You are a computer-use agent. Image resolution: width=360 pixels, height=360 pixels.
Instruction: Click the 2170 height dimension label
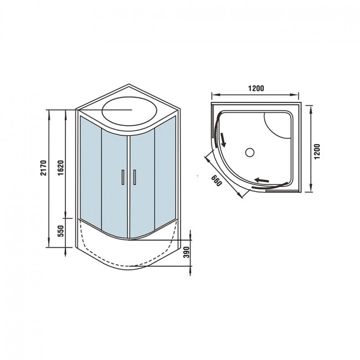point(43,168)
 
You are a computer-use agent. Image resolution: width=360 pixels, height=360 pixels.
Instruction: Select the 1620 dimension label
point(60,168)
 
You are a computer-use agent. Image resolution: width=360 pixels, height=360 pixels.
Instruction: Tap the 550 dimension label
point(60,231)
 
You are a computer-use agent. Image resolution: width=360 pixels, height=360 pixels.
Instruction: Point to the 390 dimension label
point(187,252)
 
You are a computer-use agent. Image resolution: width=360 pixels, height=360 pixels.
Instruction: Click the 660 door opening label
point(217,181)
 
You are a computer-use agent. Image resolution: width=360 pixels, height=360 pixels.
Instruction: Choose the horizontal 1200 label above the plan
point(256,89)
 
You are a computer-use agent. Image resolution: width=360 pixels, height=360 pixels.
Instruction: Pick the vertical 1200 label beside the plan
point(317,152)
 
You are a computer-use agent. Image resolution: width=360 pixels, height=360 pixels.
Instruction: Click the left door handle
point(123,177)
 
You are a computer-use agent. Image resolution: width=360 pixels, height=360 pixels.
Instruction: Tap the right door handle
point(135,177)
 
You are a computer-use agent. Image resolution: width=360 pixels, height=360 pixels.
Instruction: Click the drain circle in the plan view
point(250,152)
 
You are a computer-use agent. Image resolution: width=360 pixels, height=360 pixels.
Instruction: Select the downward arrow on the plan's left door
point(223,140)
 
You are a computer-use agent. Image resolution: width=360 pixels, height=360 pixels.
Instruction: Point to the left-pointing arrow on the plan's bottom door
point(261,180)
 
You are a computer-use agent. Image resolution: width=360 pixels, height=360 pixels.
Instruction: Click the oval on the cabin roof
point(130,111)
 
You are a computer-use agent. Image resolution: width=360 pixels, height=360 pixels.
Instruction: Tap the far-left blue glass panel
point(91,172)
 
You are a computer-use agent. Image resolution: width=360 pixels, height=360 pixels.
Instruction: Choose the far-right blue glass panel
point(165,172)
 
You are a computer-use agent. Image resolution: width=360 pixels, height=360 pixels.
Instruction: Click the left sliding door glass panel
point(114,184)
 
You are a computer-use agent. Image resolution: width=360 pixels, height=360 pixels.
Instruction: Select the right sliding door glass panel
point(142,184)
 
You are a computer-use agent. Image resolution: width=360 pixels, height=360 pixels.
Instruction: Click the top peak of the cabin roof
point(129,84)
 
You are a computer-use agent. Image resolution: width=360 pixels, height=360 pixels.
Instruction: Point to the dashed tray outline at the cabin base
point(128,266)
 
